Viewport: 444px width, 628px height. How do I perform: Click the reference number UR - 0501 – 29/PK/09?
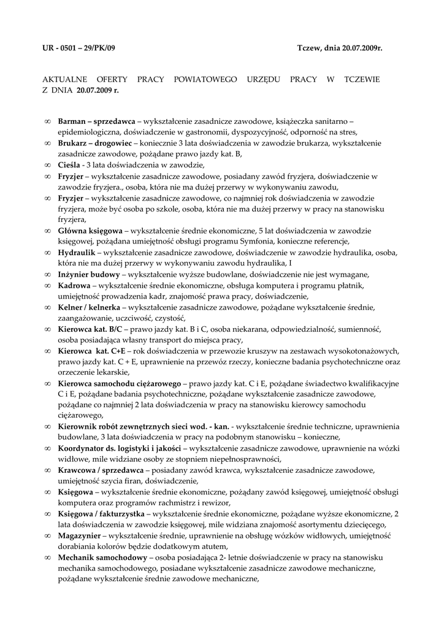tap(78, 47)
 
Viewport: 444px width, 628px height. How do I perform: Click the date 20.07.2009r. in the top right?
tap(359, 47)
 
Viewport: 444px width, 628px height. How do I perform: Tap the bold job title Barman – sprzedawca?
tap(96, 121)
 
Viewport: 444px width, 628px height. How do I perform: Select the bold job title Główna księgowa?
tap(90, 231)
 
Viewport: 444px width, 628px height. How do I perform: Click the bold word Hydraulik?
tap(77, 253)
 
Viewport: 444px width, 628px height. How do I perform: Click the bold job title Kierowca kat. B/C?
tap(90, 329)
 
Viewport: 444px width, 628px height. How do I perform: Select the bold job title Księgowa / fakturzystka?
tap(101, 513)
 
